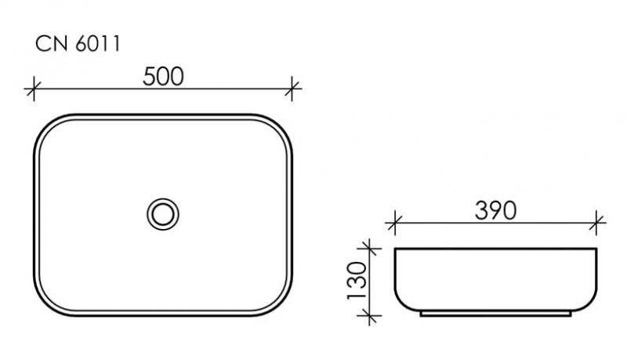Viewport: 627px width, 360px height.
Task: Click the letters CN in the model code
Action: point(49,45)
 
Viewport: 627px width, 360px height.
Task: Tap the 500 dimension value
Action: point(163,76)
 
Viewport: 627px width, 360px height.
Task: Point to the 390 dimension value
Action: point(495,210)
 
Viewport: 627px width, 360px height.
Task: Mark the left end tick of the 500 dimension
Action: point(33,89)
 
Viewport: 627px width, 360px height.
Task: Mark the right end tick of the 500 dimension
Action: point(292,89)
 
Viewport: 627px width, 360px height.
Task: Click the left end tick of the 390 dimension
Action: point(394,223)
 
